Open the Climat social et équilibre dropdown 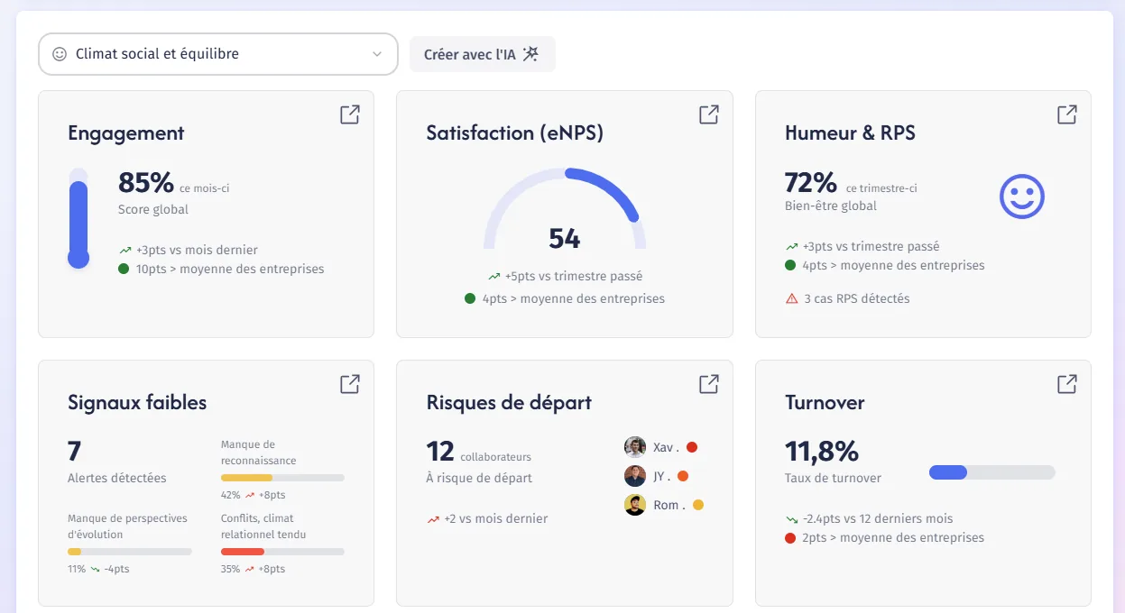tap(218, 54)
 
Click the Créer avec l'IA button tap(482, 54)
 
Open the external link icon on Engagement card tap(350, 114)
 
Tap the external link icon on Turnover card tap(1067, 384)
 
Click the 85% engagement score tap(145, 182)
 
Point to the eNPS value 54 tap(565, 239)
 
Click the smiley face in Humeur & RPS tap(1021, 197)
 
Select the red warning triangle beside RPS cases tap(791, 298)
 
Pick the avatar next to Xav tap(635, 447)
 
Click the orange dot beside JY tap(683, 476)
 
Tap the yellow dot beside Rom tap(698, 505)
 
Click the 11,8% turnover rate tap(822, 451)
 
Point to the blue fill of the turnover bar tap(947, 472)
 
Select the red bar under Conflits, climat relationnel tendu tap(243, 552)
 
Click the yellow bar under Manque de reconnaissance tap(246, 478)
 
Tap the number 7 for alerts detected tap(74, 451)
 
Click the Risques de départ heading tap(509, 403)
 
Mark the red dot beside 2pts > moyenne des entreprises tap(790, 538)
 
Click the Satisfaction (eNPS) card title tap(515, 133)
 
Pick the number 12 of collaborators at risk tap(440, 451)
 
